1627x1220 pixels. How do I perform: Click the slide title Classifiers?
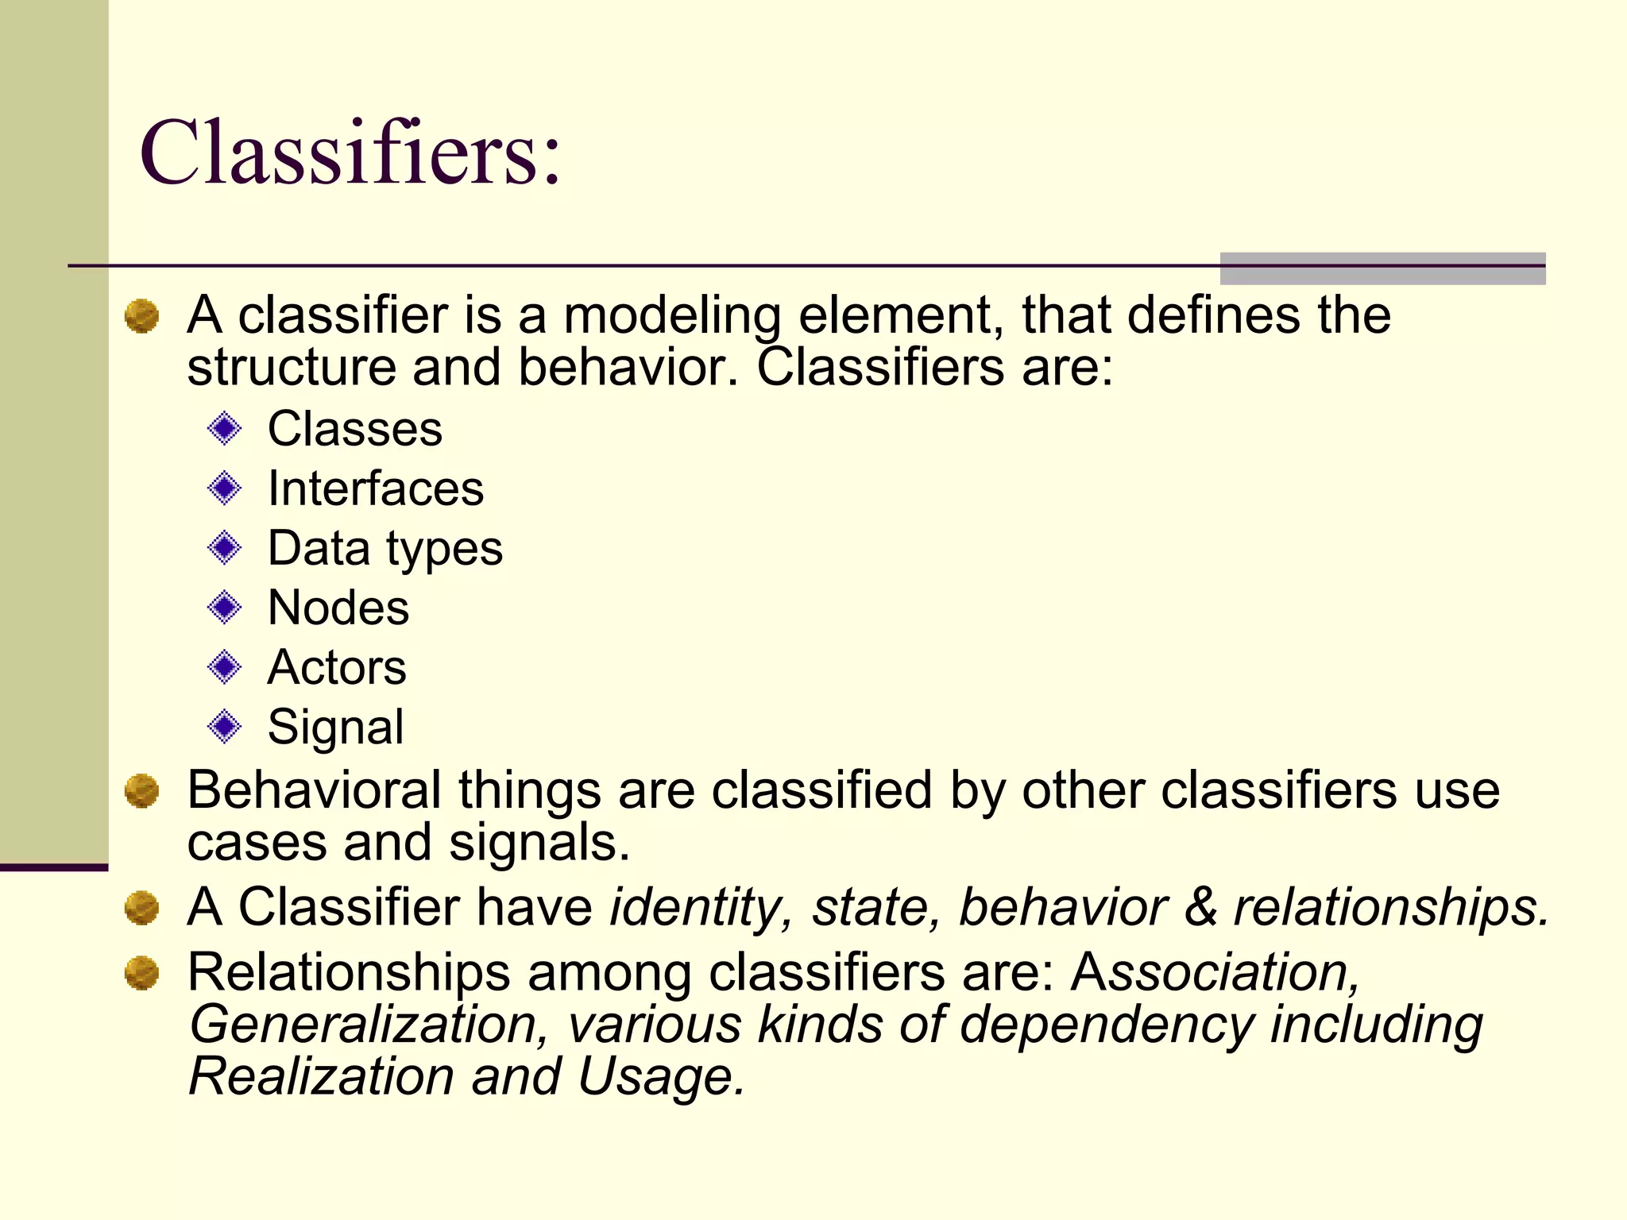[x=350, y=152]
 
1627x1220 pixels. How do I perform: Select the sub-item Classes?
[x=354, y=429]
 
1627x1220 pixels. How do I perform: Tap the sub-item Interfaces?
[x=375, y=488]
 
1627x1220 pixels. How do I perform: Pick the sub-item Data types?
[x=385, y=549]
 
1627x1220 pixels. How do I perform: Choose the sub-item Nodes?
[x=338, y=608]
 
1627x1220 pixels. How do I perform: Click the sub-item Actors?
[x=337, y=667]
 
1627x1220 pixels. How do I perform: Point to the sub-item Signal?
[x=335, y=727]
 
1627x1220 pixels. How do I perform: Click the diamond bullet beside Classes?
[x=224, y=429]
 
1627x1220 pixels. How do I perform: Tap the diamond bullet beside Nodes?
[x=224, y=608]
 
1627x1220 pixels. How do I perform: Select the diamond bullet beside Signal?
[x=224, y=726]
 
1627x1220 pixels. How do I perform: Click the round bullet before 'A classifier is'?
[x=142, y=316]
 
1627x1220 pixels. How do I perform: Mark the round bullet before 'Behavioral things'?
[x=142, y=791]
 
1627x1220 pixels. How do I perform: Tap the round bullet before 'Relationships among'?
[x=142, y=973]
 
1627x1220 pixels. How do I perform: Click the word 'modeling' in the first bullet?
[x=671, y=316]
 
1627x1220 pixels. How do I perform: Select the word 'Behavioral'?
[x=314, y=790]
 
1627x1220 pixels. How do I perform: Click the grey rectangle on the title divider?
[x=1382, y=268]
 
